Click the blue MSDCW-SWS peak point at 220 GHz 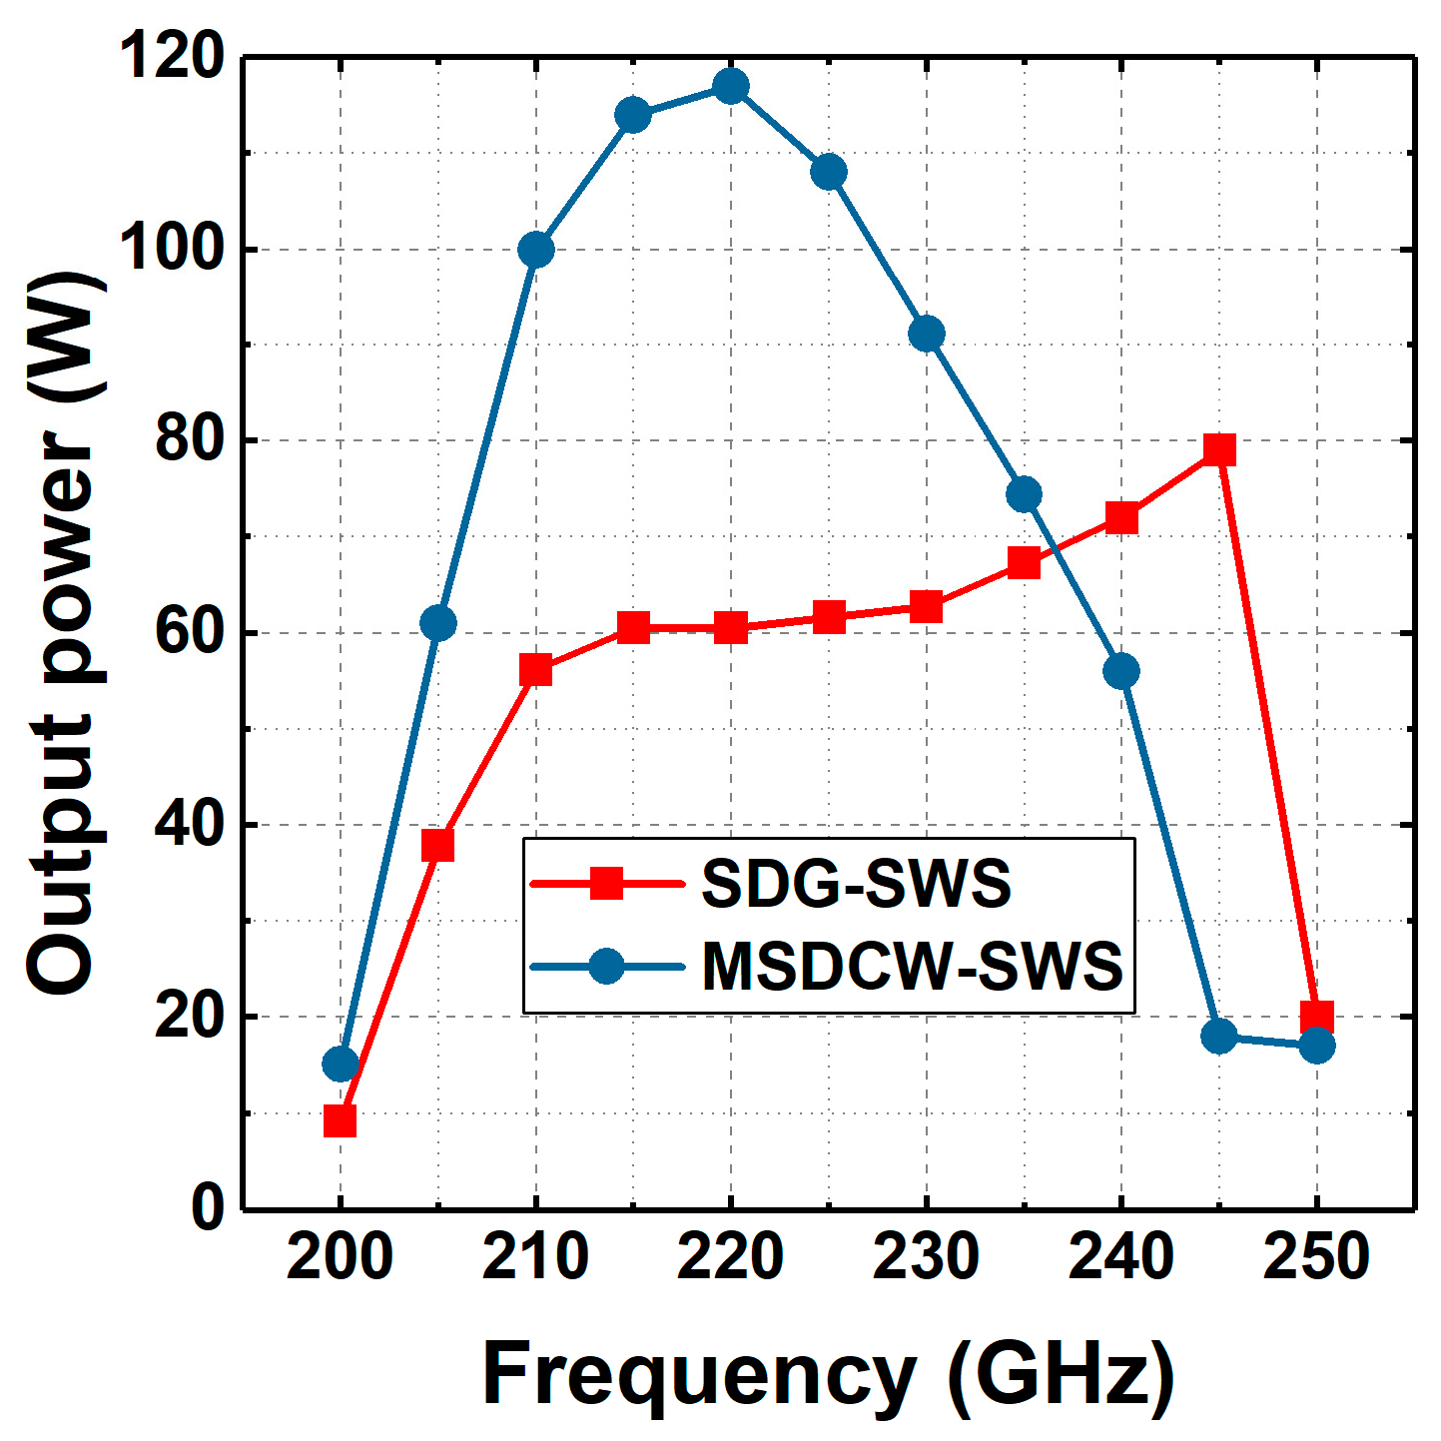point(731,86)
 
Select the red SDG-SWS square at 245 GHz point(1219,449)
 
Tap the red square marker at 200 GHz point(341,1121)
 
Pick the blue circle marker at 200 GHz point(341,1065)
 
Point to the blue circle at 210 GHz point(536,250)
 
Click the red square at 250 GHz point(1317,1018)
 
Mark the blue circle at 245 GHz point(1219,1037)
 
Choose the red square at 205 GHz point(438,845)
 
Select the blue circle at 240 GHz point(1121,671)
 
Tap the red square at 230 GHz point(927,606)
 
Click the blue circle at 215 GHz point(633,115)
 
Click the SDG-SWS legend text point(856,884)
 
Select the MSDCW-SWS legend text point(912,966)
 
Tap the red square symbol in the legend point(606,883)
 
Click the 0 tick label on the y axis point(208,1208)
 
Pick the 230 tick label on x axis point(926,1257)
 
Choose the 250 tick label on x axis point(1316,1257)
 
